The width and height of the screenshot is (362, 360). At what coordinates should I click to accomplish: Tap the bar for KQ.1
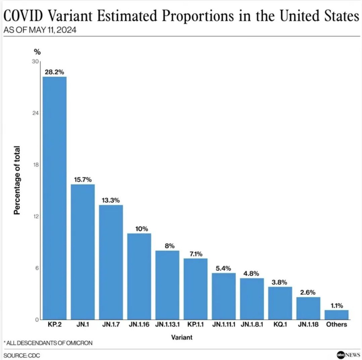coord(280,303)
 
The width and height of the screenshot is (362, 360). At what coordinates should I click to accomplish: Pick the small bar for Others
coord(336,315)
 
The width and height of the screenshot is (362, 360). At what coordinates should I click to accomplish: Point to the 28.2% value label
coord(54,72)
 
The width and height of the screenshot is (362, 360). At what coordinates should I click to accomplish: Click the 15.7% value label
coord(82,179)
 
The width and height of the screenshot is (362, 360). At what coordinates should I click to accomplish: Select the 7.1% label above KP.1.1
coord(195,253)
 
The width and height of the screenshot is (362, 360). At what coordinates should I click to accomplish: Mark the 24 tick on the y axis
coord(35,113)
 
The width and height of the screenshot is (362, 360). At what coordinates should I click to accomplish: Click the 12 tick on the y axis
coord(35,216)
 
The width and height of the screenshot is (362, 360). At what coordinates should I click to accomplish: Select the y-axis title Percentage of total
coord(17,181)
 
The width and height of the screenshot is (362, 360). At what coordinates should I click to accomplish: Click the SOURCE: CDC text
coord(22,355)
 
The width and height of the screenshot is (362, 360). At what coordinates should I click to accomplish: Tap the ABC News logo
coord(348,354)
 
